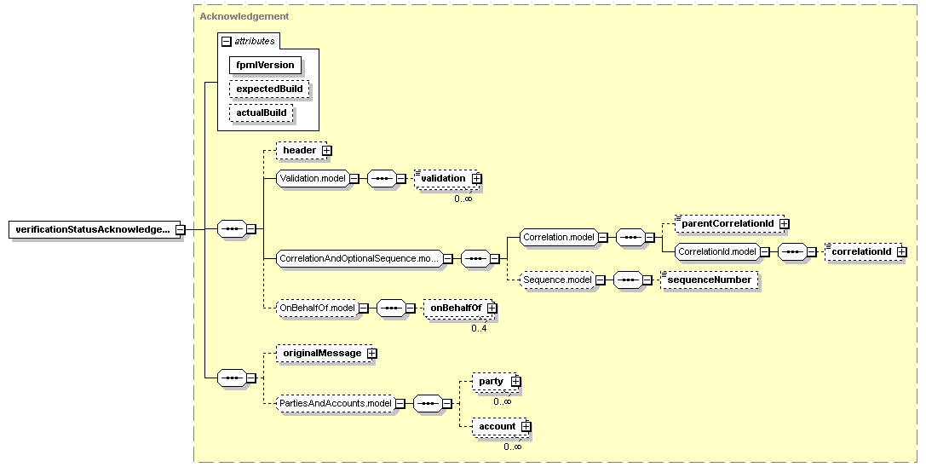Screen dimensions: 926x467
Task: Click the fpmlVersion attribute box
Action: tap(265, 65)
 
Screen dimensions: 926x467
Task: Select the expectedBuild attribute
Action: tap(269, 89)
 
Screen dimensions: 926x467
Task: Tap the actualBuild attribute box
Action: tap(262, 112)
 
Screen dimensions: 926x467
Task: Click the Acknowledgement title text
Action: tap(244, 16)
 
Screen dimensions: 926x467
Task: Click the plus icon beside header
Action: tap(326, 151)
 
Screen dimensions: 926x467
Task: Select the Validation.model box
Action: tap(313, 178)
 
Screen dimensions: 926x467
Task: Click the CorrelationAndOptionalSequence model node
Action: tap(359, 258)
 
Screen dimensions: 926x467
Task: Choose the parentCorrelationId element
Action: tap(730, 224)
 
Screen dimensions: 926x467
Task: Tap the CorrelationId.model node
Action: tap(717, 251)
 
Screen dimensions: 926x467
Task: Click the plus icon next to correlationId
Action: tap(901, 252)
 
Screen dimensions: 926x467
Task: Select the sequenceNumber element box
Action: tap(710, 280)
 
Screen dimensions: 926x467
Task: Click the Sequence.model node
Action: tap(556, 280)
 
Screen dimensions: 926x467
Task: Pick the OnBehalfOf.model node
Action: tap(318, 308)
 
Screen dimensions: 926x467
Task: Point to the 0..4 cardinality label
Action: tap(479, 329)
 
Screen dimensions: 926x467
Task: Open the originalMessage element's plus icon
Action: tap(371, 354)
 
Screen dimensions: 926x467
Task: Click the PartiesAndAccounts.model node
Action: tap(336, 403)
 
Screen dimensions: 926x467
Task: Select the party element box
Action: tap(495, 382)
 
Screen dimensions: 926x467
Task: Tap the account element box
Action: tap(501, 427)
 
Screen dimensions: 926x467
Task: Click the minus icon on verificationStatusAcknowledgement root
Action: tap(180, 230)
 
